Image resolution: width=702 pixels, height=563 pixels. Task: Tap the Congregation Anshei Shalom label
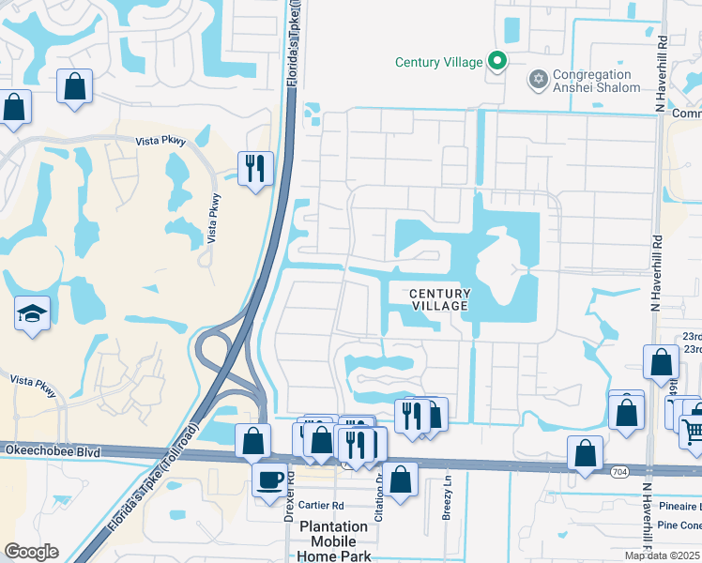(x=597, y=81)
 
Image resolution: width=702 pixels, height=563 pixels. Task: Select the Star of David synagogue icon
(x=538, y=77)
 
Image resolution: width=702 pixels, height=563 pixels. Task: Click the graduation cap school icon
(x=32, y=312)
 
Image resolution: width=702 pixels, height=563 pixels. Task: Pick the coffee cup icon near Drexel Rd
(x=269, y=479)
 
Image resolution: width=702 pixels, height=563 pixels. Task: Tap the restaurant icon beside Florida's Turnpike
(x=255, y=168)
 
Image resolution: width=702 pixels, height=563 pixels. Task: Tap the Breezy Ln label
(x=447, y=503)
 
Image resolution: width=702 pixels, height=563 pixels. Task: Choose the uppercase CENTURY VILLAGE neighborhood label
(x=439, y=300)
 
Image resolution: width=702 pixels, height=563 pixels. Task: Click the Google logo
(x=32, y=552)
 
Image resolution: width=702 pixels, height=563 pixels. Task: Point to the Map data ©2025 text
(x=661, y=555)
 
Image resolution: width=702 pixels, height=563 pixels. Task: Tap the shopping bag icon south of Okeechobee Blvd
(x=401, y=479)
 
